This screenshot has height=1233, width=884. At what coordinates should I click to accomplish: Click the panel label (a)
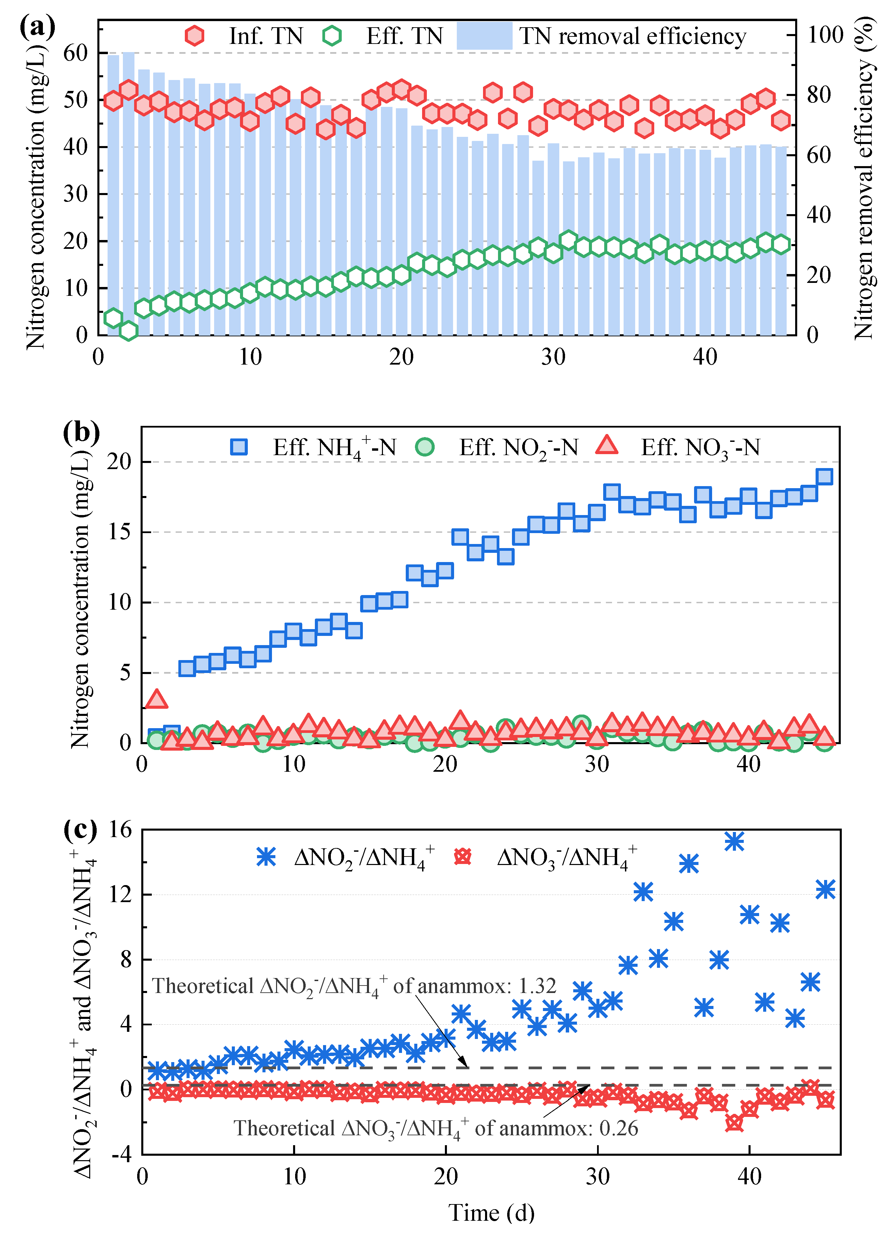[37, 27]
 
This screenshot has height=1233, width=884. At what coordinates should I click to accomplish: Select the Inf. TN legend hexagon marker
[194, 36]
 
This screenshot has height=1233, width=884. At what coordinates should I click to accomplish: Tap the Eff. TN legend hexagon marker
[332, 36]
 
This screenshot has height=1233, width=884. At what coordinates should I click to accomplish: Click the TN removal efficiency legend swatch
[484, 36]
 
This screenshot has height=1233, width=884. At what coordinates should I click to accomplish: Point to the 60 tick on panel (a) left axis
[75, 53]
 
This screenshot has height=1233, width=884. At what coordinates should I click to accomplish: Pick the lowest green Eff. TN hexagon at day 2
[128, 330]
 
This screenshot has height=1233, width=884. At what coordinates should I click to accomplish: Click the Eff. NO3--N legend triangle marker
[607, 446]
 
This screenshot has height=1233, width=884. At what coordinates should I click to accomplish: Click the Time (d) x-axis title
[491, 1213]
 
